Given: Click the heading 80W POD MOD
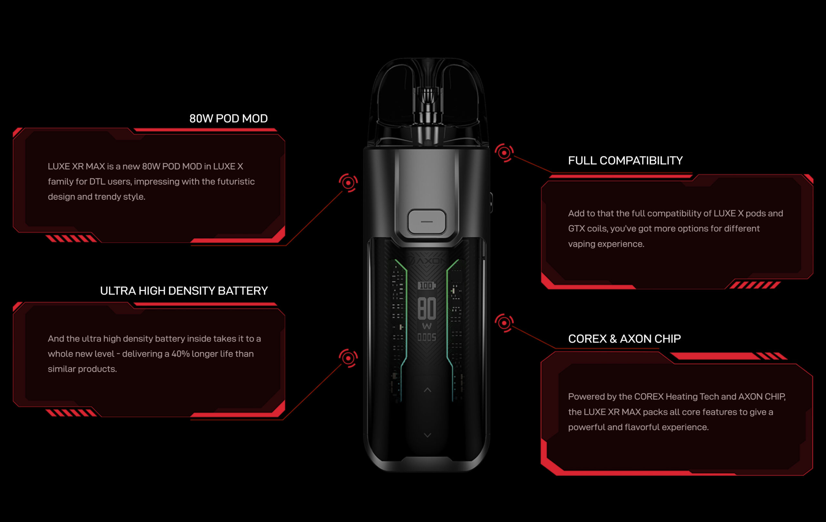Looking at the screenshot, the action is [228, 119].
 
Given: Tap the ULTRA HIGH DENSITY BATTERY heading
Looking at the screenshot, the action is [184, 291].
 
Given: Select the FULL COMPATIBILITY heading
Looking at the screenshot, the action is [625, 160].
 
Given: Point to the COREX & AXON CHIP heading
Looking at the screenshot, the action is [624, 339].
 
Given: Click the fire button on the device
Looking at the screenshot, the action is [427, 222].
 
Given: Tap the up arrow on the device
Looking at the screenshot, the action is [428, 390].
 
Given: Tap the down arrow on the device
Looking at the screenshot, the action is [428, 435].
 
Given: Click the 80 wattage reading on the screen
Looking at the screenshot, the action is [427, 308].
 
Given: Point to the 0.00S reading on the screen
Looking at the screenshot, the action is [427, 337].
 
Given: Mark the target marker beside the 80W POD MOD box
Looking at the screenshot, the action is [348, 183].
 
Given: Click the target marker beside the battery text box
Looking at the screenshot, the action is [348, 358].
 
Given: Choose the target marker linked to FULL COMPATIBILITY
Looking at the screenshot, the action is [504, 153].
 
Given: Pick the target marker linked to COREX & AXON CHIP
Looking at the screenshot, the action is [504, 323].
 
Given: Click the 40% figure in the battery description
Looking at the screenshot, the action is [180, 354].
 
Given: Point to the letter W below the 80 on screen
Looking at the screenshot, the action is [427, 326].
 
